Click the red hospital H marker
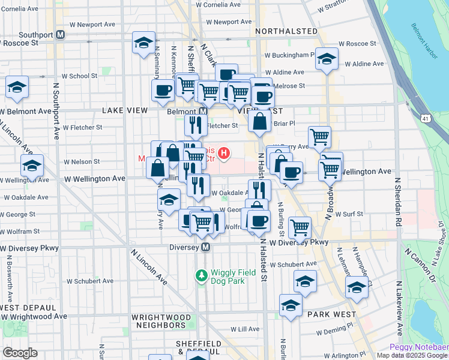coord(224,154)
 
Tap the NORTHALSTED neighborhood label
coord(286,31)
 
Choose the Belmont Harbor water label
coord(423,35)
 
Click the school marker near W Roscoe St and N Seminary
coord(143,43)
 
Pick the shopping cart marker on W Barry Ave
coord(319,136)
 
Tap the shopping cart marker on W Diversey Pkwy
coord(300,227)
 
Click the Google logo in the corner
coord(20,353)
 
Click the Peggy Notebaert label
coord(418,347)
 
